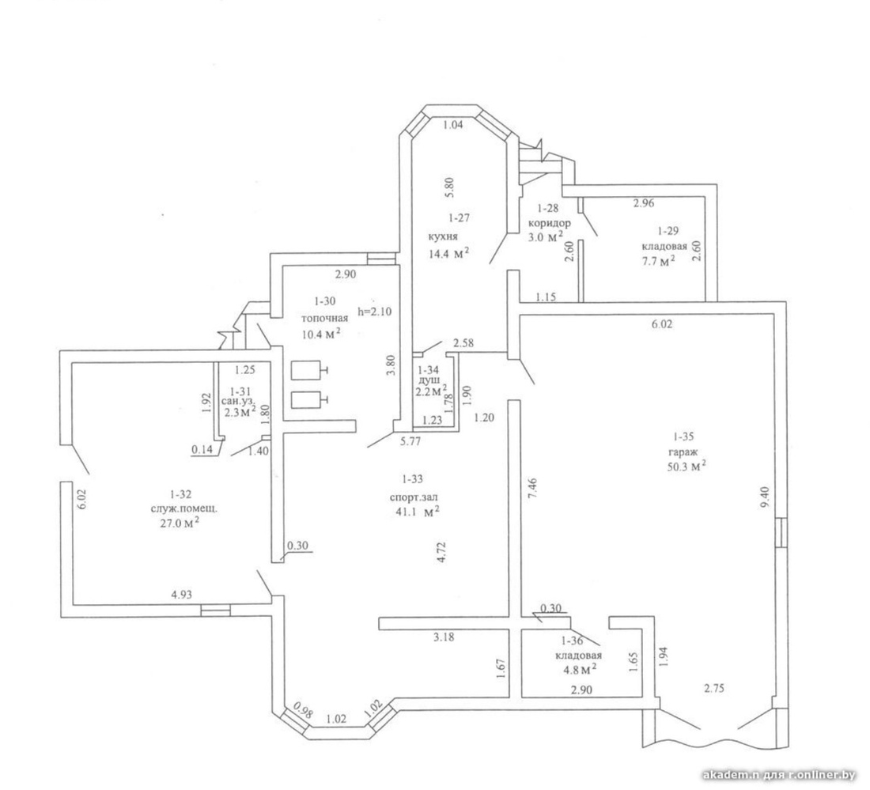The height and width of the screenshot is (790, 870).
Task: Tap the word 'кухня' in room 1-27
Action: point(443,236)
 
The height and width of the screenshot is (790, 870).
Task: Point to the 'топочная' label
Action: point(324,318)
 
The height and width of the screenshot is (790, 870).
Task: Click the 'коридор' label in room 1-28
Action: point(550,224)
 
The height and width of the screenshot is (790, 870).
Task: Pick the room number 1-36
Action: point(572,641)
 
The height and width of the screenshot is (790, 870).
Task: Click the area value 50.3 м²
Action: point(686,466)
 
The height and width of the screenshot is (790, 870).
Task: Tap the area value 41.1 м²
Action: point(415,512)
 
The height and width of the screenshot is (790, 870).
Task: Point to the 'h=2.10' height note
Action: point(375,312)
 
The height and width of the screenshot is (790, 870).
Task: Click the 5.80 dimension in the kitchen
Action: point(450,187)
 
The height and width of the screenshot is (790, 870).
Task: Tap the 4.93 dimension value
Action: point(181,595)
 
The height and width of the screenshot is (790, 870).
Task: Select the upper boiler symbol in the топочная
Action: point(308,371)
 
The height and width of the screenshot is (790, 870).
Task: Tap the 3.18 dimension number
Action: point(444,637)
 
